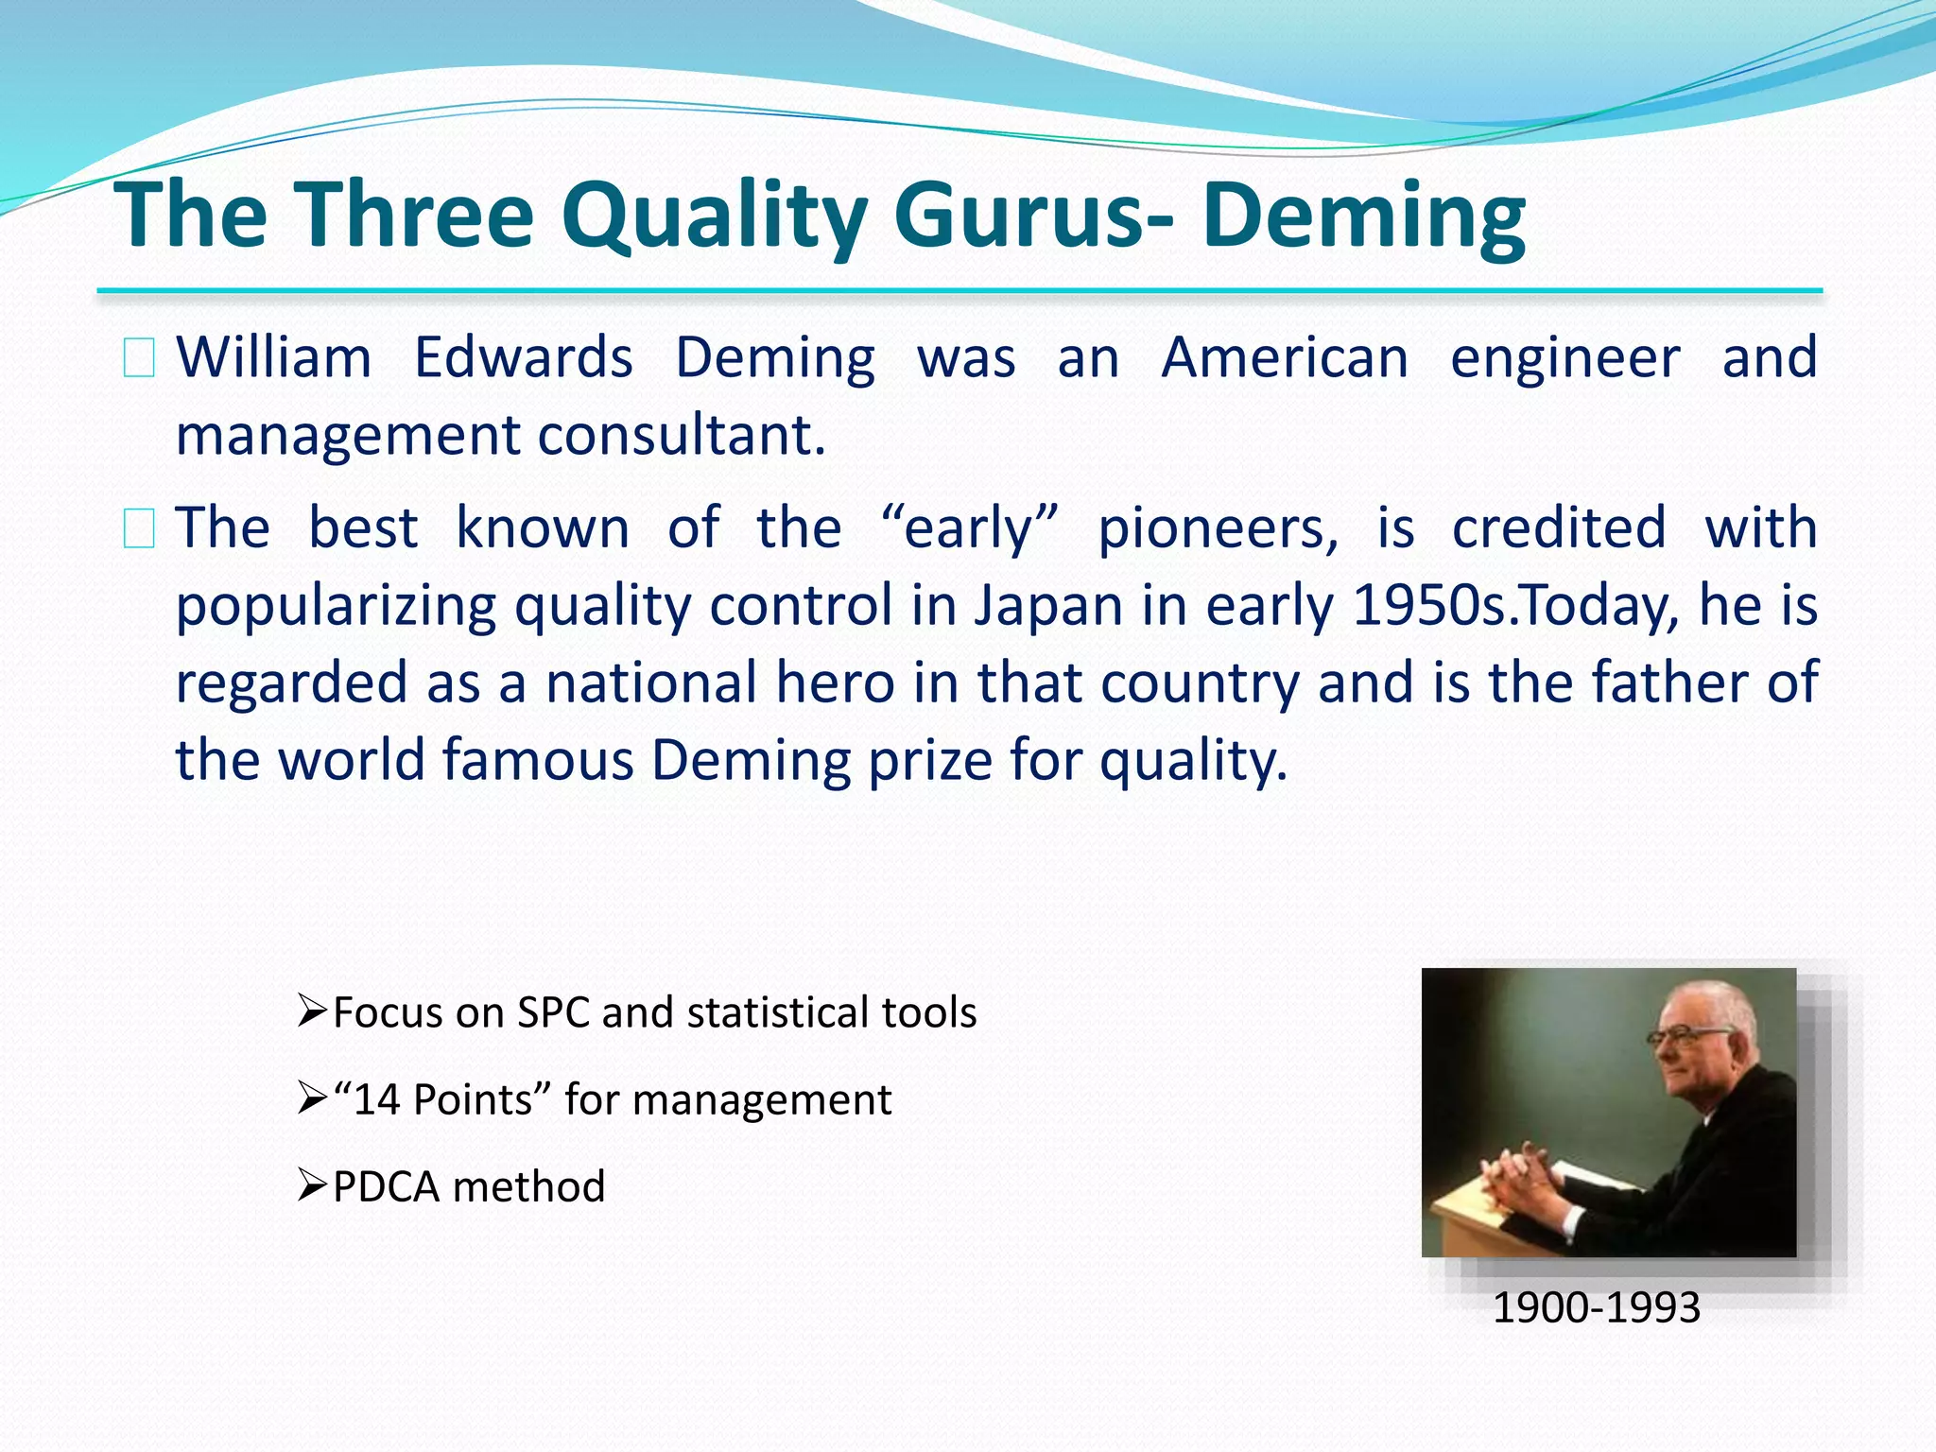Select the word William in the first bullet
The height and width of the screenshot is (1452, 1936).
click(x=274, y=358)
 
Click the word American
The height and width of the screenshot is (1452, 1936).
click(x=1285, y=358)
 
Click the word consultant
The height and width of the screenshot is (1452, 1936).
click(x=681, y=436)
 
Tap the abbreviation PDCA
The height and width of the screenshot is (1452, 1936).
click(x=386, y=1186)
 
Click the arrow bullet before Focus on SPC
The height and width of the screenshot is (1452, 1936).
click(x=311, y=1011)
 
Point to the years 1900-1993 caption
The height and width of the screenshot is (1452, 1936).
click(x=1596, y=1307)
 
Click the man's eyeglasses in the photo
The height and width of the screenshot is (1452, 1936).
click(x=1683, y=1037)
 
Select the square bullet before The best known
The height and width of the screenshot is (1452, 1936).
click(x=139, y=529)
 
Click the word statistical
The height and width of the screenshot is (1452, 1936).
click(x=777, y=1012)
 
